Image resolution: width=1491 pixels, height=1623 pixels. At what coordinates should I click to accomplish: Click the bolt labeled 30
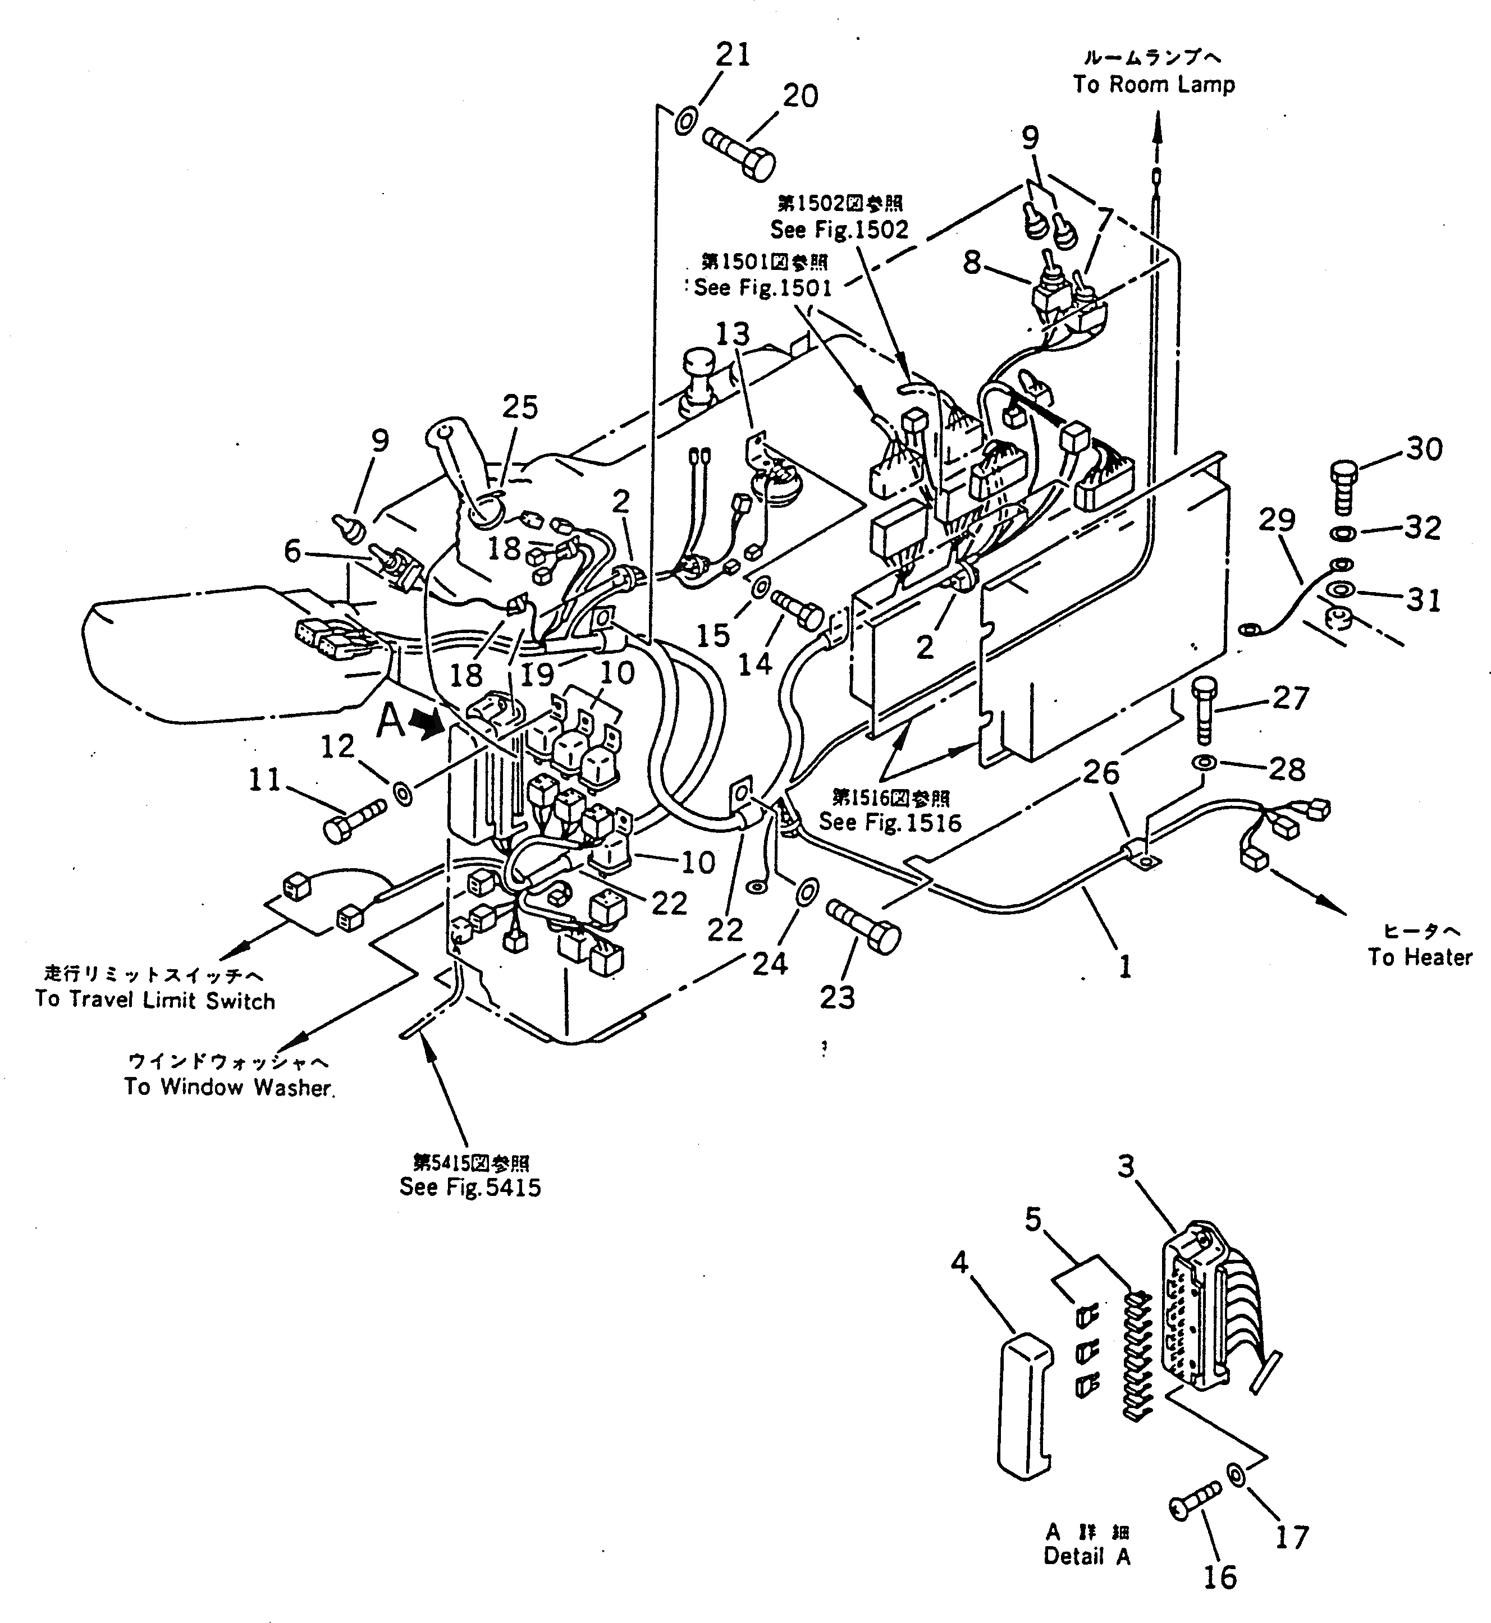[x=1342, y=487]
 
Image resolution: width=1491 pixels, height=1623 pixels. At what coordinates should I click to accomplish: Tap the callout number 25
[x=520, y=407]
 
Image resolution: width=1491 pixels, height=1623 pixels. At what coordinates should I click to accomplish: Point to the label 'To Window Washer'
[x=229, y=1088]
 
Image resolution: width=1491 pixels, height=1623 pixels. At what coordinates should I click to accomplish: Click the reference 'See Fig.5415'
[x=469, y=1188]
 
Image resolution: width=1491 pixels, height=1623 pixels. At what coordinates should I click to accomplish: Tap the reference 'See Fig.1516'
[x=890, y=822]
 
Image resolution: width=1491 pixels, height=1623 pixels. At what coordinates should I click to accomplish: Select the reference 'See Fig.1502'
[x=839, y=230]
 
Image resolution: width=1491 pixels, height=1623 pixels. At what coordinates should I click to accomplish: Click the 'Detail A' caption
[x=1087, y=1557]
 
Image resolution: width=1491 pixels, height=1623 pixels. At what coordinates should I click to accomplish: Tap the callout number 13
[x=732, y=333]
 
